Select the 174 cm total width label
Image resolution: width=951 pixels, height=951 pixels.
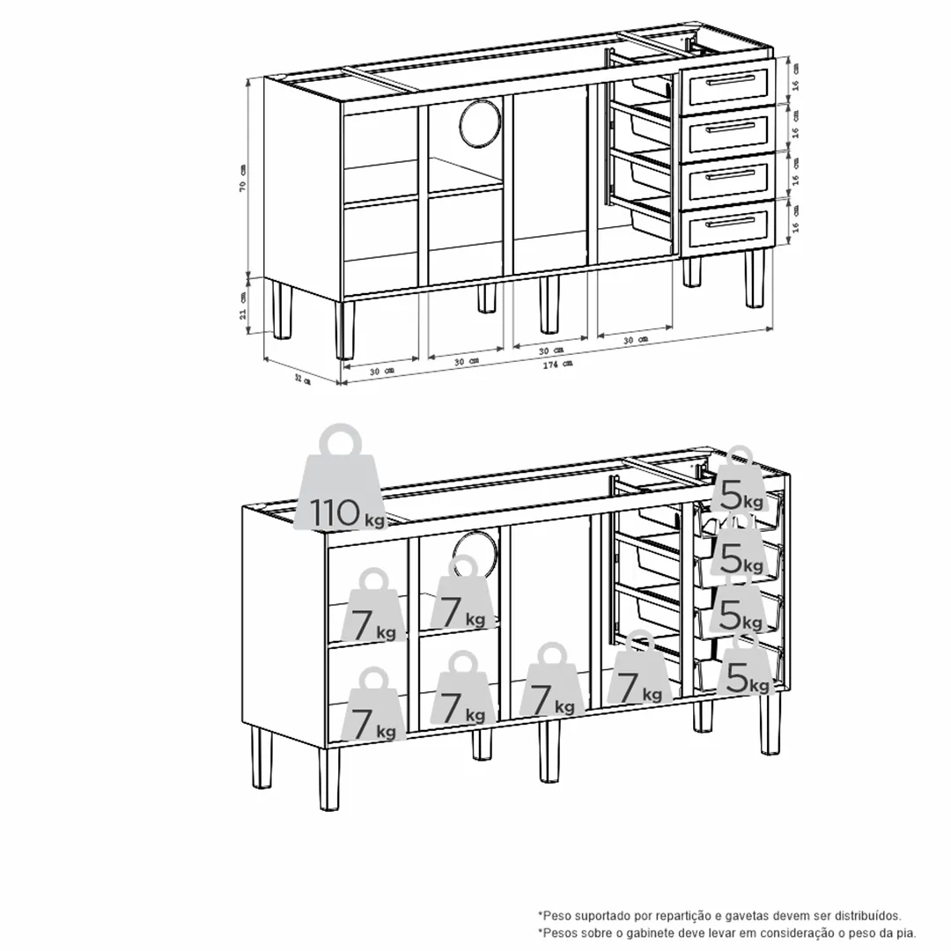click(x=560, y=364)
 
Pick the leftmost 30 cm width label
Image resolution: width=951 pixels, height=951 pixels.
click(x=380, y=372)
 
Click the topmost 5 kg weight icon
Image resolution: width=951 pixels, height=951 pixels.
click(x=738, y=484)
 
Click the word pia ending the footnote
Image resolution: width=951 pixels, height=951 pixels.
click(x=907, y=933)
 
